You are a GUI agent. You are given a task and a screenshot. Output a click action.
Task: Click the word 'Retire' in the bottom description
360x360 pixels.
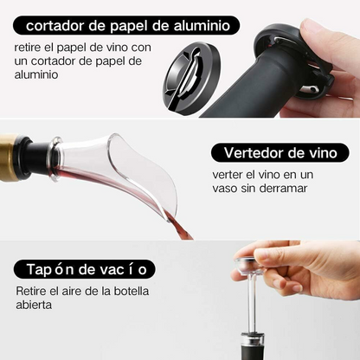(32, 291)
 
